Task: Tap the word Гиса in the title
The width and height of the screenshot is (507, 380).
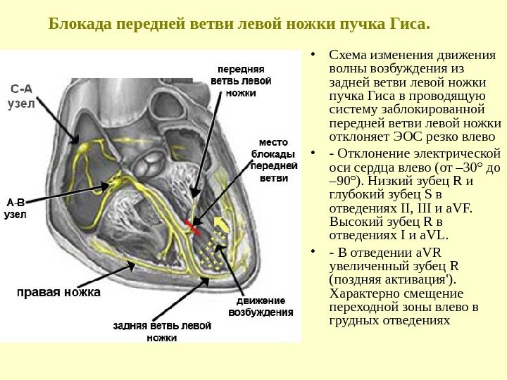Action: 408,25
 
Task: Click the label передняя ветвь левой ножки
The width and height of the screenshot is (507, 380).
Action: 241,82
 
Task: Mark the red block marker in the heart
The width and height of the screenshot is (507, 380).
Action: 193,225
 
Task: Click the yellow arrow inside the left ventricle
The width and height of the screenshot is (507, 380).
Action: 220,226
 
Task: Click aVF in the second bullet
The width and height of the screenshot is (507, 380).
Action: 461,208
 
